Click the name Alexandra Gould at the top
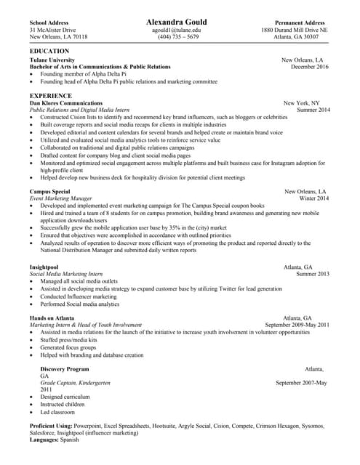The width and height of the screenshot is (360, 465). (x=180, y=22)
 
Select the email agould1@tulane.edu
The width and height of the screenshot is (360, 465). (x=179, y=30)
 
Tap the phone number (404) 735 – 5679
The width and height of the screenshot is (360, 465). (x=179, y=37)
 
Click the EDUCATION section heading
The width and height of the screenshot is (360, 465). (x=49, y=51)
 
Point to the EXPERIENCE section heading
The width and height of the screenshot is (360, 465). (x=51, y=95)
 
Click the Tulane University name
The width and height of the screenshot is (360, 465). (x=52, y=60)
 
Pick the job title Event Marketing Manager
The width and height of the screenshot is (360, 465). (x=60, y=198)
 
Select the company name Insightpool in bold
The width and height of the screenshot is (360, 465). (x=45, y=267)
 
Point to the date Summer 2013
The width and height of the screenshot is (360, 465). (x=313, y=274)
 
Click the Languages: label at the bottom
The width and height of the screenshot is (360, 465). (x=44, y=440)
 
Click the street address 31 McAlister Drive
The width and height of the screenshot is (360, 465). (x=52, y=30)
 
